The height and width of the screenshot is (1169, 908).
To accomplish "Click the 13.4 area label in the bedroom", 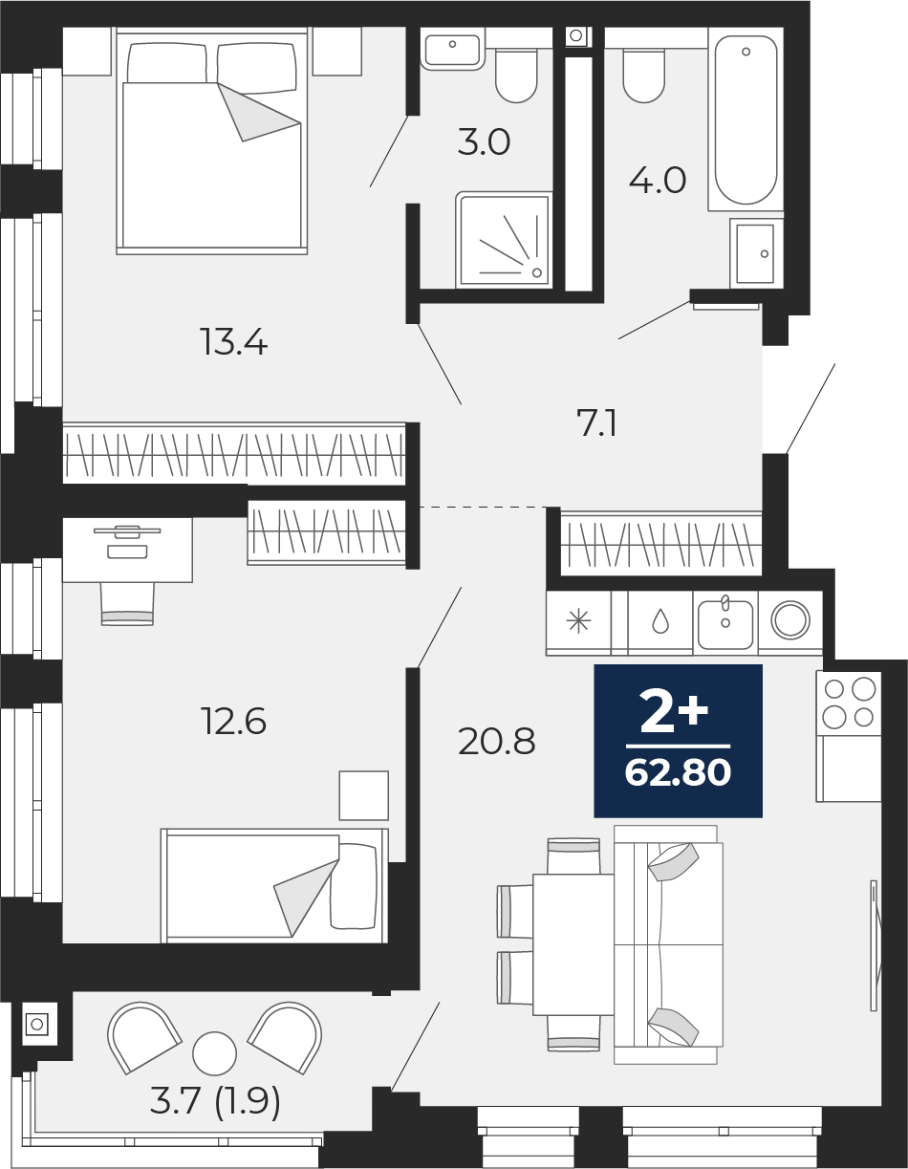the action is point(233,342).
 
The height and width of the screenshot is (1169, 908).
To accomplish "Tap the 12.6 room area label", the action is point(233,721).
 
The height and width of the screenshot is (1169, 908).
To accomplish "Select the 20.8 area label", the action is point(496,742).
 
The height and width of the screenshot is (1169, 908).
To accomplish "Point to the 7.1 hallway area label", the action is point(596,422).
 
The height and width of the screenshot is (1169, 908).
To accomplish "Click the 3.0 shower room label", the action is point(484,142).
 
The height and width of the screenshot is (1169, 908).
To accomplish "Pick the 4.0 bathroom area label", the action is point(658,181).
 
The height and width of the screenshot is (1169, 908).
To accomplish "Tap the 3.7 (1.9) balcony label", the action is point(215,1102).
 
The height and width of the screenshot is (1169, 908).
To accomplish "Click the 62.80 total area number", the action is point(678,773).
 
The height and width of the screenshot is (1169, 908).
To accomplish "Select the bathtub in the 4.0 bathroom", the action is point(746,119).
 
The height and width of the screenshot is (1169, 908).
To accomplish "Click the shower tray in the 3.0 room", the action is point(504,240).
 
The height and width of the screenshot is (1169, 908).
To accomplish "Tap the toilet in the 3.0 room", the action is point(516,76).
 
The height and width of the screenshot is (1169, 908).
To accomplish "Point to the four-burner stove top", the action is point(849,704).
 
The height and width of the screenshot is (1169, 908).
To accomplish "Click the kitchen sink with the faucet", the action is point(725,624).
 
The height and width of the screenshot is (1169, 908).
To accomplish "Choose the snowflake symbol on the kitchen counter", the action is point(578,622).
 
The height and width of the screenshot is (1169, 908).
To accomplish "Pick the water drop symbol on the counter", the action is point(660,623).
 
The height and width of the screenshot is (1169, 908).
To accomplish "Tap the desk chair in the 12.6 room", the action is point(127,603).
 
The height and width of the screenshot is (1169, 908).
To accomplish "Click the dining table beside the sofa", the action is point(573,944).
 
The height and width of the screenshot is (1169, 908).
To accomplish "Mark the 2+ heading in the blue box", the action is point(675,711).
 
